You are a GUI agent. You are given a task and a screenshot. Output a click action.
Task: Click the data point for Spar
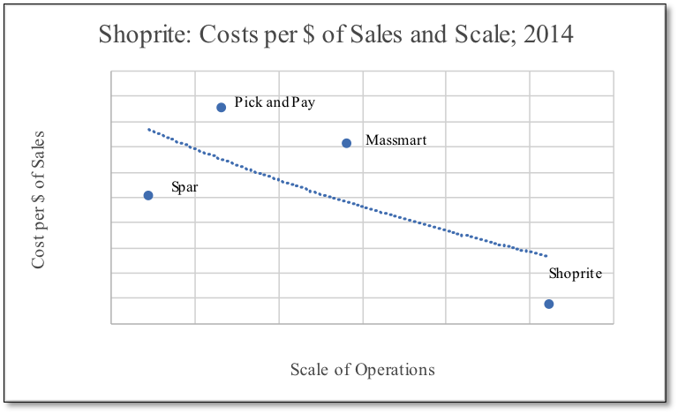point(148,195)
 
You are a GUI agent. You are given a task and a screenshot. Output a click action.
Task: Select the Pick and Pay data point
point(221,108)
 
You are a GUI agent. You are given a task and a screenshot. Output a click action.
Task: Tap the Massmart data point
point(346,143)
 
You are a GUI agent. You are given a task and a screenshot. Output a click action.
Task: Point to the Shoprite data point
point(548,304)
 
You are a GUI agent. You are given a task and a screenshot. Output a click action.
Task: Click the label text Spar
point(185,187)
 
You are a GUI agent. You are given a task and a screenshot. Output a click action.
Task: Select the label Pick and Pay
point(275,102)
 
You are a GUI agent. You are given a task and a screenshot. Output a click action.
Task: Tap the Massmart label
point(395,140)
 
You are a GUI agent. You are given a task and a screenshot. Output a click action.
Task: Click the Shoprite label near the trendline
point(575,274)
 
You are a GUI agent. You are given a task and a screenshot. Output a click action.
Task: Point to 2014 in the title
point(546,36)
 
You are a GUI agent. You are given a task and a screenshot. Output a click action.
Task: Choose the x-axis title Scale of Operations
point(362,369)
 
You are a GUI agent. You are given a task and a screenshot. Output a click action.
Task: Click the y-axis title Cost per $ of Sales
point(39,200)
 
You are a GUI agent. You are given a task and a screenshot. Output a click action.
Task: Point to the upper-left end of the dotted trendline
point(148,129)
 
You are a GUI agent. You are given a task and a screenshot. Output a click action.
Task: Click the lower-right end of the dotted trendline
point(546,256)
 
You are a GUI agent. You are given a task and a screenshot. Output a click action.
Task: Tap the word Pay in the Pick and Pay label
point(303,102)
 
